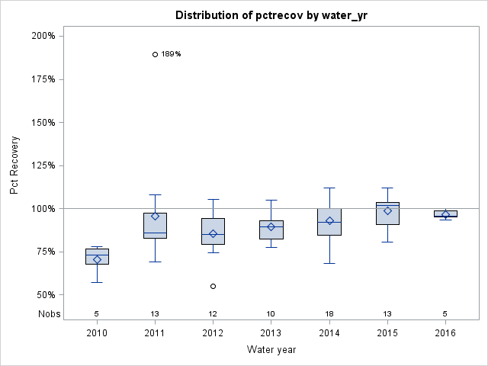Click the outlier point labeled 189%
tap(155, 54)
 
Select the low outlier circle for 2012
tap(213, 286)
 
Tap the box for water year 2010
tap(97, 256)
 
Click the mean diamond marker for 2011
tap(155, 217)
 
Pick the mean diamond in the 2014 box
tap(329, 221)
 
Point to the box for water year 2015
tap(387, 213)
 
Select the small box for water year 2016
tap(445, 213)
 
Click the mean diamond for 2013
tap(271, 226)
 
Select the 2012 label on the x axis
tap(213, 332)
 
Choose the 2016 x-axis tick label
tap(445, 332)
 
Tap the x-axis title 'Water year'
tap(271, 350)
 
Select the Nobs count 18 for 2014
tap(329, 313)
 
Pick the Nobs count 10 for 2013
tap(271, 313)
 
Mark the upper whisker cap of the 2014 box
tap(329, 188)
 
